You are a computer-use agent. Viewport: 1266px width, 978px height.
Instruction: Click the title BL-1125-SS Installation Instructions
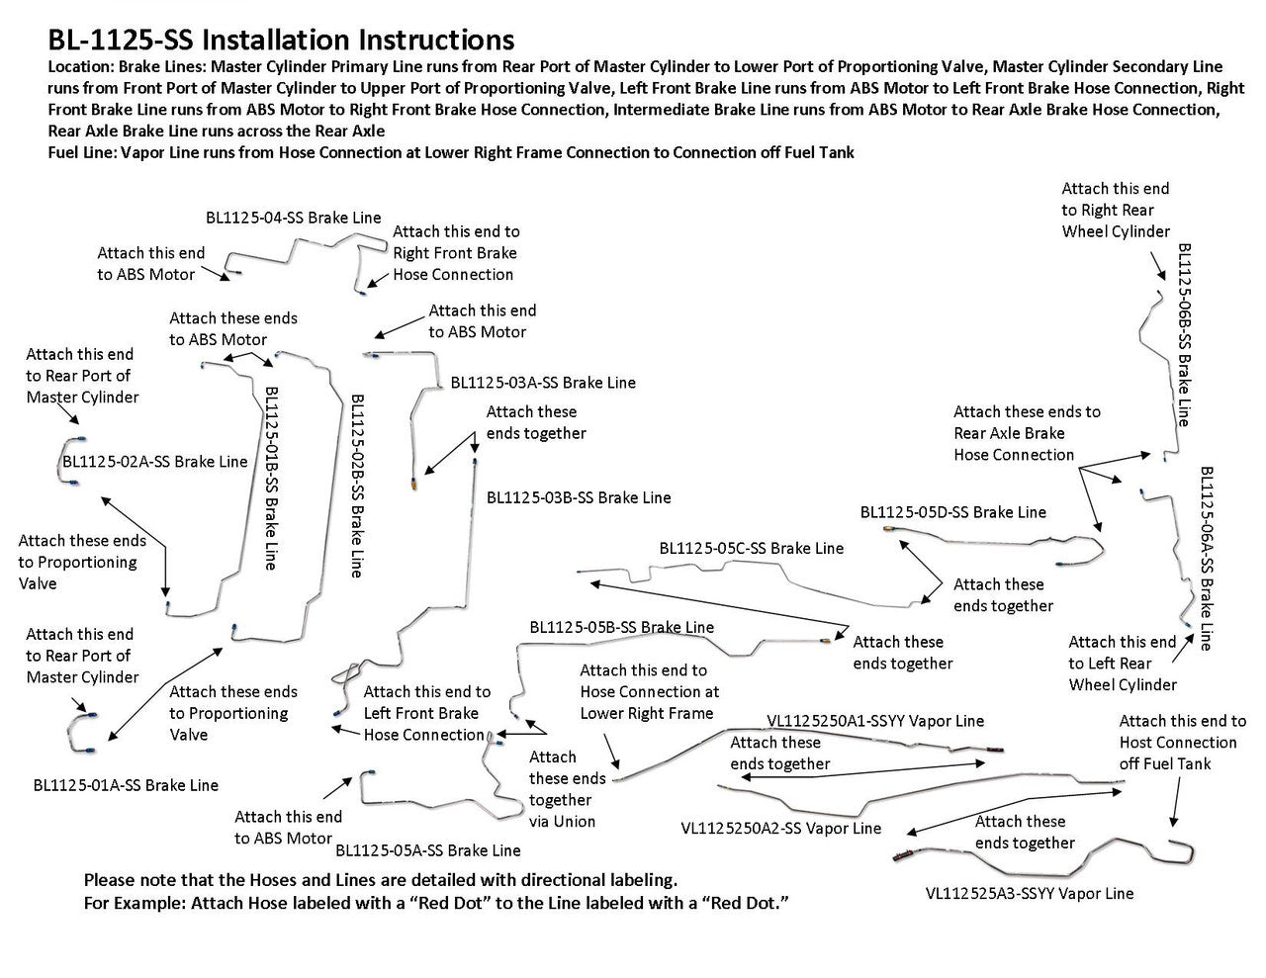[x=281, y=40]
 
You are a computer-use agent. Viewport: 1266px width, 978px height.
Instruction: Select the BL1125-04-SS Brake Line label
[x=293, y=218]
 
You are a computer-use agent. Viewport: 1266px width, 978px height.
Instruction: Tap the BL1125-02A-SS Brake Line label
[x=155, y=462]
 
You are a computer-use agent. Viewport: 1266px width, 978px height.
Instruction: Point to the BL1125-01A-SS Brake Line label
[x=126, y=785]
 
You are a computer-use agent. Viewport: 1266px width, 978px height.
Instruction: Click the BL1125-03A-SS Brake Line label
[x=543, y=382]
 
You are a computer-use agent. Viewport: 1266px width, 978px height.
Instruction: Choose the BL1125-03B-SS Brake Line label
[x=579, y=497]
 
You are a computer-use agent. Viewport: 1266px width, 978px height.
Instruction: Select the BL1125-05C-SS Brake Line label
[x=752, y=548]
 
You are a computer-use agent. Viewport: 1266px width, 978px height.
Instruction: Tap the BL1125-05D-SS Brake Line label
[x=952, y=512]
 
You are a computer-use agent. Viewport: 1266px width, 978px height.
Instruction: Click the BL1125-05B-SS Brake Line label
[x=621, y=627]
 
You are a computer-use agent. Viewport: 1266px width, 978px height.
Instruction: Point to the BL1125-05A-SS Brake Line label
[x=427, y=849]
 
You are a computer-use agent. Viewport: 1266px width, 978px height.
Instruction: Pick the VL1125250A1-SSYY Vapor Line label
[x=875, y=722]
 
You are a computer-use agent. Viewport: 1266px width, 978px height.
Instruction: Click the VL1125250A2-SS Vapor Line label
[x=780, y=829]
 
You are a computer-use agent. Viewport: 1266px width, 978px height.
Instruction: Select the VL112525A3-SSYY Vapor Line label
[x=1030, y=893]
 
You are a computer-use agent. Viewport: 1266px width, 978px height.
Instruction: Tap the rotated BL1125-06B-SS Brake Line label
[x=1184, y=335]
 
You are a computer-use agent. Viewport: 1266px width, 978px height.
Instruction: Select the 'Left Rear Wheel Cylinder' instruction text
[x=1123, y=663]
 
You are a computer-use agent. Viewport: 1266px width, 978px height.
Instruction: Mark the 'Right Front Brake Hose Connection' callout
[x=456, y=253]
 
